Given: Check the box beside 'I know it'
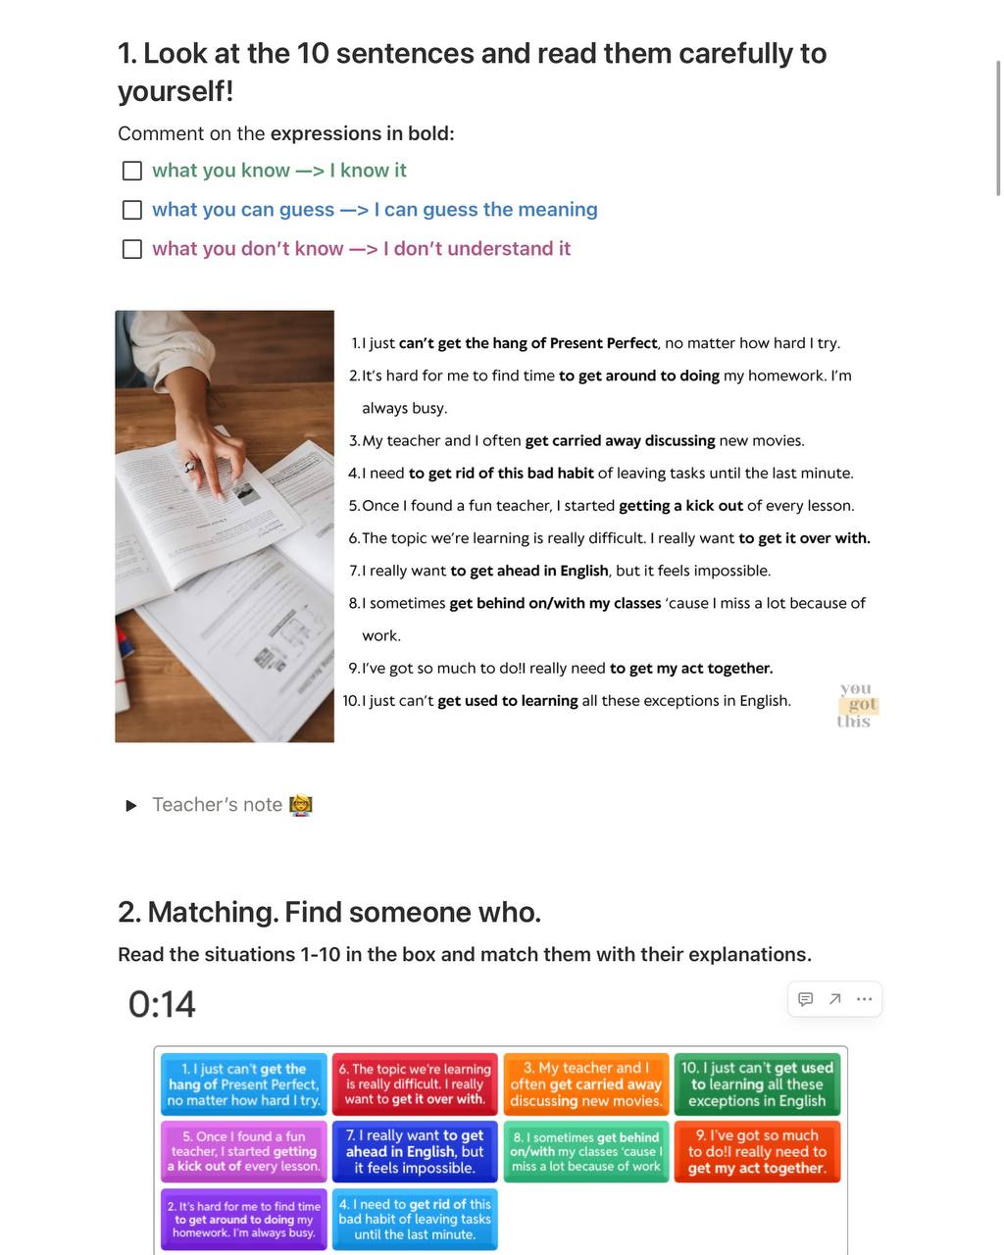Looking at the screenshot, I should [132, 171].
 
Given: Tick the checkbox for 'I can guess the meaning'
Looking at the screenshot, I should [132, 210].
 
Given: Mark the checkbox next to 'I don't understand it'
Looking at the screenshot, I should [132, 249].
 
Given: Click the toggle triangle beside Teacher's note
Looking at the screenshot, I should [131, 806].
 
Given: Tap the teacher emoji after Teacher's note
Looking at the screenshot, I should [301, 805].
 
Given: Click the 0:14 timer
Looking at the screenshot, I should [162, 1005].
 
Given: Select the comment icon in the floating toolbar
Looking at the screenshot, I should [805, 999].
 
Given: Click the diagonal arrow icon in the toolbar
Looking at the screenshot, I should [834, 999].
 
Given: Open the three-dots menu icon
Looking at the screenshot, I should [864, 999].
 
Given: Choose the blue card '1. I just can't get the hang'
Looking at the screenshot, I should [243, 1084].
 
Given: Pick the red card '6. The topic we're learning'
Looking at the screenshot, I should [415, 1084].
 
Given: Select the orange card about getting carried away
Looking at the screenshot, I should [586, 1084].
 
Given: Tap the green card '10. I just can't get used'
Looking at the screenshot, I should [757, 1084].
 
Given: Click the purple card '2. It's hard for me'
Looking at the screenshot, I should [244, 1220].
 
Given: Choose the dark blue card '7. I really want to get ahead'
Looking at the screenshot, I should [415, 1152].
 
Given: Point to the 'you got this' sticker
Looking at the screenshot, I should [856, 705].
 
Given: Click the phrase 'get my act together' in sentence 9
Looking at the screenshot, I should [691, 669].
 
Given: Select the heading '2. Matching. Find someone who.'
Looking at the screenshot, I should [329, 913].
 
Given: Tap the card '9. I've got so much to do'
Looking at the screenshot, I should [757, 1152].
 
